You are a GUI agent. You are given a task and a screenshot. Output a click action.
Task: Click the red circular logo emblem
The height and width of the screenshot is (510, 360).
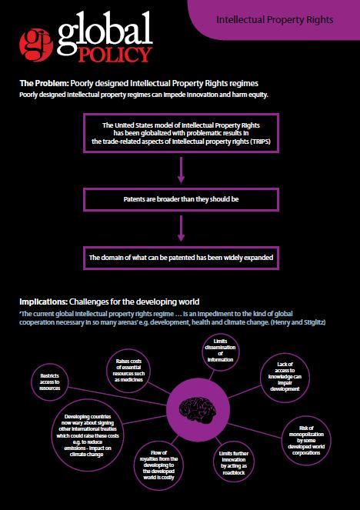(x=36, y=45)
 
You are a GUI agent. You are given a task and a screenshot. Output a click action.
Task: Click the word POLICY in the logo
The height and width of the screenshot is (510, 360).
(x=115, y=55)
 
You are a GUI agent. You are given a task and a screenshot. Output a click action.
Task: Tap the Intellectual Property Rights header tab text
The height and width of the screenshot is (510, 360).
(x=275, y=20)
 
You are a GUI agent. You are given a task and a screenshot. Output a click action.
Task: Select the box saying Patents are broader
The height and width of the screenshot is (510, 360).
(x=181, y=199)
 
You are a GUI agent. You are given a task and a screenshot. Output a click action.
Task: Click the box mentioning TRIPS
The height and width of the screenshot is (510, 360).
(x=181, y=133)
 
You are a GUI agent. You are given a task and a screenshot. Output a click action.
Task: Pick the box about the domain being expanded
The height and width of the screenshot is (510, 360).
(x=181, y=258)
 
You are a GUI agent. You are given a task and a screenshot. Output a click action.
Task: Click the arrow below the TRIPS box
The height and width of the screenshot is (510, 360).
(x=181, y=170)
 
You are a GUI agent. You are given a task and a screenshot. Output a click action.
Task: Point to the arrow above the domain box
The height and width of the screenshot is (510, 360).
(x=181, y=228)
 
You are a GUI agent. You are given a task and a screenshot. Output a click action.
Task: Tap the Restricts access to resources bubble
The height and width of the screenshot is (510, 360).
(x=50, y=382)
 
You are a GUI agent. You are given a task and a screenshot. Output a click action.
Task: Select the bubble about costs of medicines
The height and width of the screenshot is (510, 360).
(x=128, y=371)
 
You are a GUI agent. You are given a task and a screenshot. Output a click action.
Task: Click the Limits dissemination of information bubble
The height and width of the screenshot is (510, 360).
(x=221, y=351)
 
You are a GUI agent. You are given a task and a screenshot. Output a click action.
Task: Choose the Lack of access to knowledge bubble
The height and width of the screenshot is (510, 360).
(x=285, y=377)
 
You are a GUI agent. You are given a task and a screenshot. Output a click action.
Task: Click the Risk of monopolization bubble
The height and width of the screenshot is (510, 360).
(x=306, y=441)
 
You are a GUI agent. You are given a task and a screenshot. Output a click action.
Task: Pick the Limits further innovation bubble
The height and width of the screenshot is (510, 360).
(x=234, y=463)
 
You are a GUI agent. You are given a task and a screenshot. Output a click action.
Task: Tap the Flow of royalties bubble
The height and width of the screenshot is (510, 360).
(x=158, y=465)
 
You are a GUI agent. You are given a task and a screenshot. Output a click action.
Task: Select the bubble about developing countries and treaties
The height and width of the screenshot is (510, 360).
(x=88, y=435)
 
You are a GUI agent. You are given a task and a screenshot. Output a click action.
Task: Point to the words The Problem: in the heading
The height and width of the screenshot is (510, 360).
(x=44, y=83)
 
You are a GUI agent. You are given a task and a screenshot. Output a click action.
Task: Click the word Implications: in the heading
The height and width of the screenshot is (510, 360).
(x=43, y=302)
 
